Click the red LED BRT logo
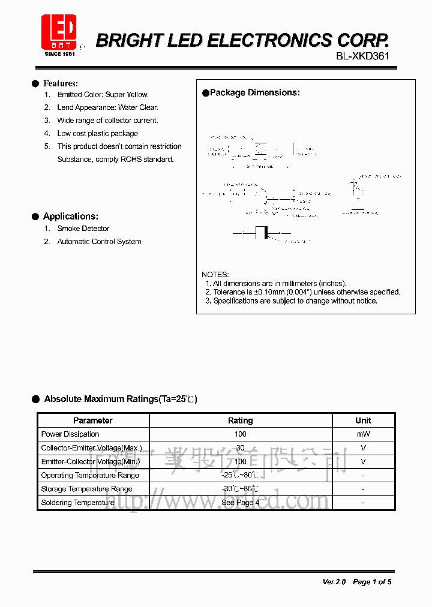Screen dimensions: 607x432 (x=59, y=32)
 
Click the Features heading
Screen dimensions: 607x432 (x=60, y=83)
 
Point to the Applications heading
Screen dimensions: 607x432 (x=70, y=217)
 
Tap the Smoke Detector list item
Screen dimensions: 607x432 (x=83, y=229)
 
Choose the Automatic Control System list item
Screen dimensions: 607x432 (x=99, y=242)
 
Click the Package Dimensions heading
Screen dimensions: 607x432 (x=254, y=93)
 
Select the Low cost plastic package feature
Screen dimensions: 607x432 (x=97, y=134)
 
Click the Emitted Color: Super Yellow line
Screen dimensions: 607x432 (x=103, y=95)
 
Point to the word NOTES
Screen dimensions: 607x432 (x=215, y=275)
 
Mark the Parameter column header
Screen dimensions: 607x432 (x=93, y=420)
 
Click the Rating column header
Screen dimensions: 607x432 (x=241, y=420)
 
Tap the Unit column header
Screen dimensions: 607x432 (x=363, y=420)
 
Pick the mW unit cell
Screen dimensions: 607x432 (x=363, y=434)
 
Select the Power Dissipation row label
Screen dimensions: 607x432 (x=70, y=434)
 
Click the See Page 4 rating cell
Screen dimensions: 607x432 (x=240, y=503)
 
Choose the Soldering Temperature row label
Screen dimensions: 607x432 (x=77, y=503)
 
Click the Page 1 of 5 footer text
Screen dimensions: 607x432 (x=372, y=582)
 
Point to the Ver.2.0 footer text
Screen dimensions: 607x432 (x=334, y=582)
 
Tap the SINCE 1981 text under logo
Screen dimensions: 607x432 (x=60, y=54)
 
